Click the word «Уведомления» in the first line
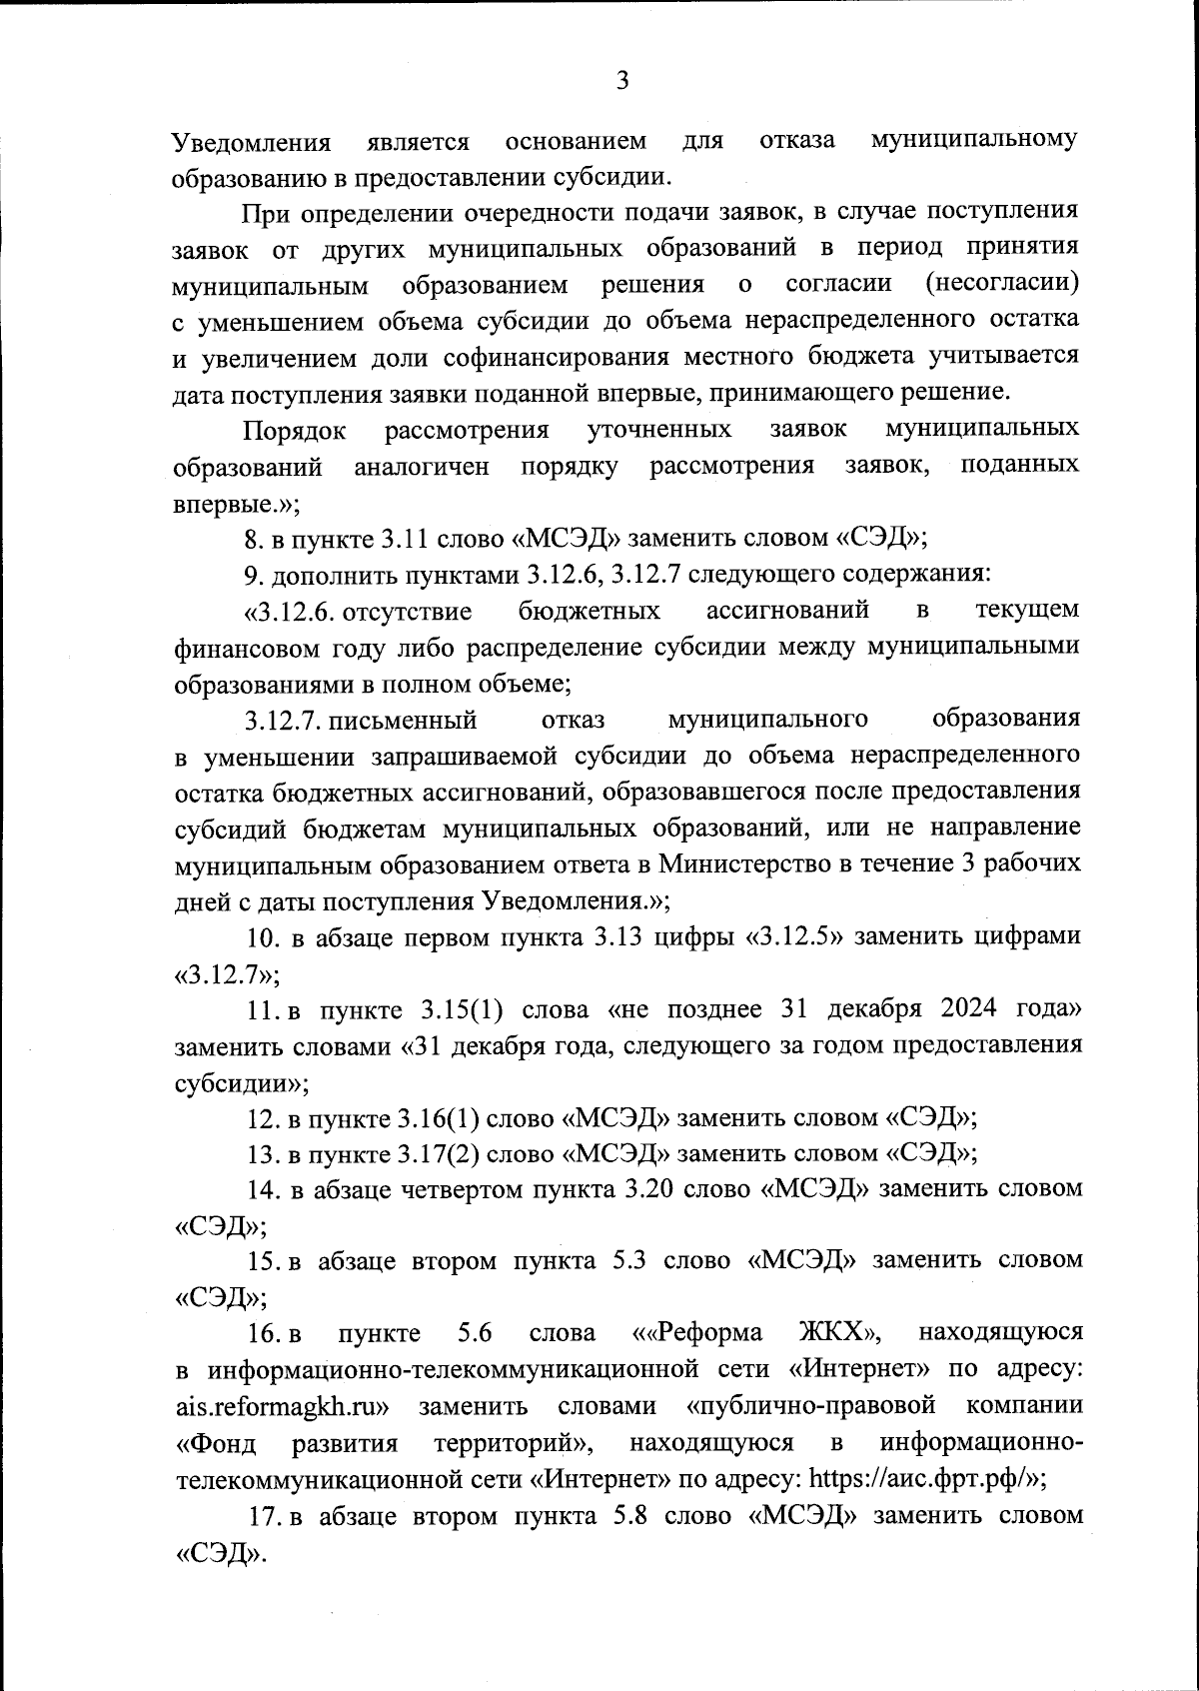(251, 142)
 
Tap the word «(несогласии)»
(1002, 285)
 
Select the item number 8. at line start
(255, 539)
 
